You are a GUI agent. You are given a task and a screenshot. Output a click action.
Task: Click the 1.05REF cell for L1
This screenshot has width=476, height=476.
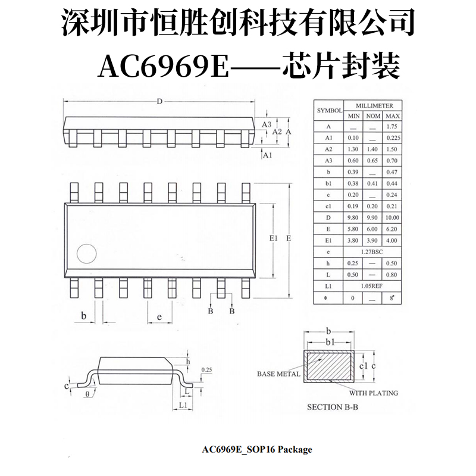(x=373, y=286)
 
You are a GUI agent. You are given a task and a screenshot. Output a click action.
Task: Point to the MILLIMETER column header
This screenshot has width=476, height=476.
(x=373, y=105)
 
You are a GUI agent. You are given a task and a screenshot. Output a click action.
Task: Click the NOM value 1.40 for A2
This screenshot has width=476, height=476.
(x=373, y=149)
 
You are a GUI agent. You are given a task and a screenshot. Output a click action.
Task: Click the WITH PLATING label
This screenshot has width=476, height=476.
(x=374, y=393)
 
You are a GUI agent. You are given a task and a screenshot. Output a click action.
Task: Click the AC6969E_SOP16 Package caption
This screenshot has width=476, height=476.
(x=257, y=450)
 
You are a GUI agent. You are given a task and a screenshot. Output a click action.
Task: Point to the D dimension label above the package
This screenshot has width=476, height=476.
(x=159, y=102)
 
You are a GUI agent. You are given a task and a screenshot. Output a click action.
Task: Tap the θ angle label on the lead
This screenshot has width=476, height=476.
(x=87, y=393)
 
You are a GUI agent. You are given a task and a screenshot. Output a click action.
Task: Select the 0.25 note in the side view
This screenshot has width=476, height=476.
(x=207, y=369)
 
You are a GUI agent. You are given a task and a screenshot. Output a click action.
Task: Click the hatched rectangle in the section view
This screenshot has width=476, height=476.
(x=329, y=365)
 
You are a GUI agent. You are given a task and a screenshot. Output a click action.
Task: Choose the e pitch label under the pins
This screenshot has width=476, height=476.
(x=160, y=317)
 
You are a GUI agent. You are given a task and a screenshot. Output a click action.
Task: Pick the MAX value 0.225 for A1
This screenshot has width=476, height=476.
(x=392, y=138)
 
